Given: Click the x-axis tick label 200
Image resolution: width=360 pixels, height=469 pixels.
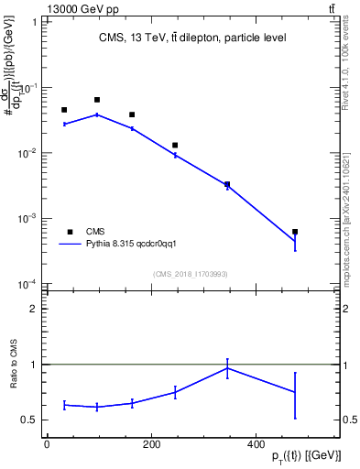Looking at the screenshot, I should [150, 444].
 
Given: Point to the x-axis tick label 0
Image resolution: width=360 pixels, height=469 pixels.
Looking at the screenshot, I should [47, 444].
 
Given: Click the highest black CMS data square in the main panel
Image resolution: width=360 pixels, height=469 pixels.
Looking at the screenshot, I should [97, 99].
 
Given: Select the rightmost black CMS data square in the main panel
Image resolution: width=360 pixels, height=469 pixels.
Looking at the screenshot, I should [295, 232].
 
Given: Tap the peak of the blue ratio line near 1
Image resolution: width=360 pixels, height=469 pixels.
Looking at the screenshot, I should [227, 368].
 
